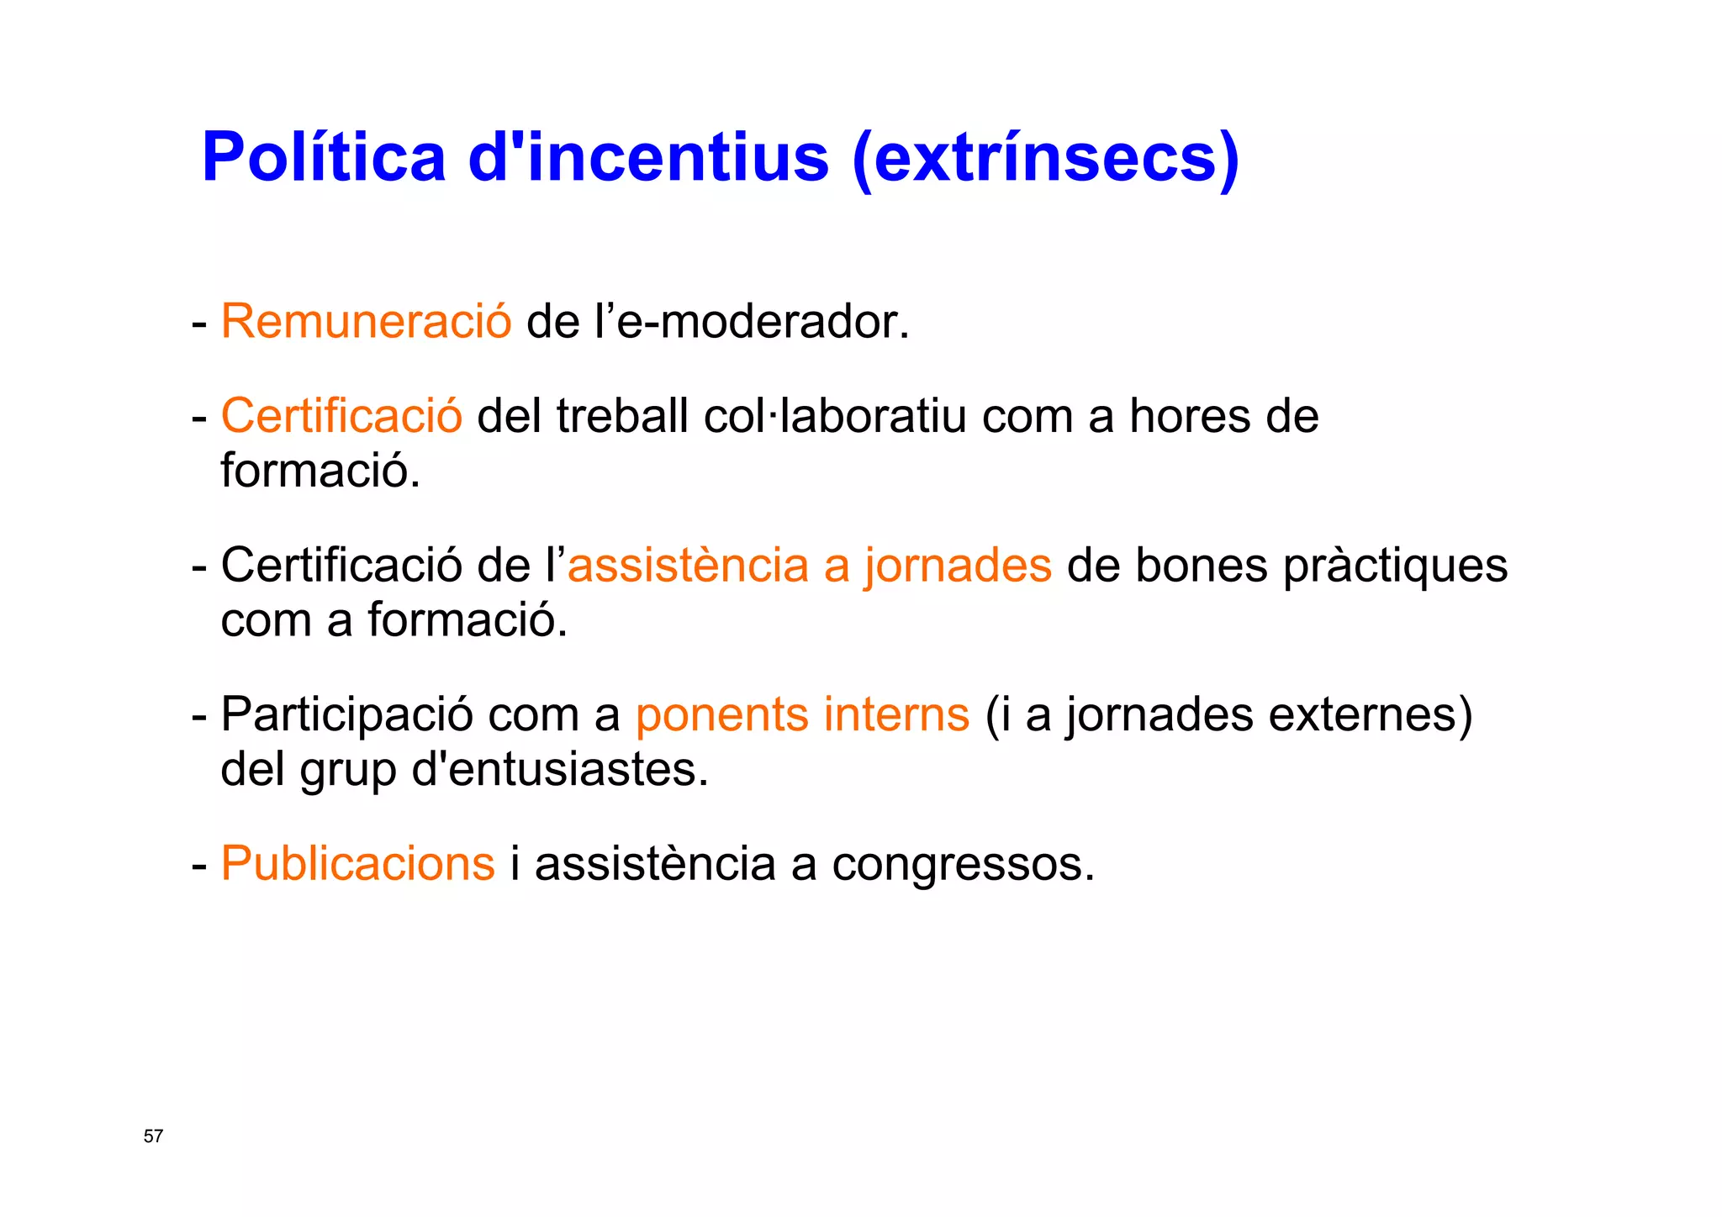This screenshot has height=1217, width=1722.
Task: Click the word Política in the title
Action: (x=324, y=157)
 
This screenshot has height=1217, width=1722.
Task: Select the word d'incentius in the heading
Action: (x=648, y=157)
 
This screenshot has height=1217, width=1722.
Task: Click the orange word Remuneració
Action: (x=366, y=322)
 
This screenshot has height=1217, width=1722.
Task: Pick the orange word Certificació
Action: (x=341, y=416)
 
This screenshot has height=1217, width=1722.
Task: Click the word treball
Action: (x=622, y=416)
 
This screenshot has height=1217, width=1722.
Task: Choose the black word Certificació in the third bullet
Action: (x=341, y=565)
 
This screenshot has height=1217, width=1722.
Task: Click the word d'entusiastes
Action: (x=560, y=770)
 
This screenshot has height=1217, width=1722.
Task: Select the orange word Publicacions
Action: (x=358, y=864)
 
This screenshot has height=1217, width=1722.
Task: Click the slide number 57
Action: (x=154, y=1136)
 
